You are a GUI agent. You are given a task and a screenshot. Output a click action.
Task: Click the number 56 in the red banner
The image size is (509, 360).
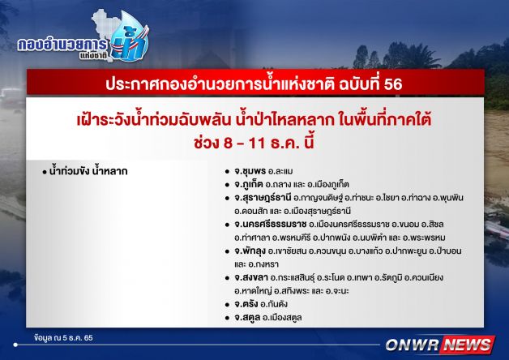pos(393,84)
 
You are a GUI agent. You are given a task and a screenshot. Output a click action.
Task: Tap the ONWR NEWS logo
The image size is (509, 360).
pos(440,345)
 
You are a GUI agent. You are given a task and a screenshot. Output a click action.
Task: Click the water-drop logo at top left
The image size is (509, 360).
pos(129,37)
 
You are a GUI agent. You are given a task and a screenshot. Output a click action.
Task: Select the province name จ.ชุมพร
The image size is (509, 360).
pos(250,171)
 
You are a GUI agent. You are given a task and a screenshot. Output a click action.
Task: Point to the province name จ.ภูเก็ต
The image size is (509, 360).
pos(248,184)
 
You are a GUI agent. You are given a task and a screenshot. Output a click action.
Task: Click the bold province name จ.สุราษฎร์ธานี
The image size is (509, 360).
pos(263,198)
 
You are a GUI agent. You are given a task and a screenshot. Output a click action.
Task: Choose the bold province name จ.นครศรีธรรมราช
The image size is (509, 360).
pos(271,225)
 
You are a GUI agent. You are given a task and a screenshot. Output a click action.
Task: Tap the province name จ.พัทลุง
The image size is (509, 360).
pos(250,251)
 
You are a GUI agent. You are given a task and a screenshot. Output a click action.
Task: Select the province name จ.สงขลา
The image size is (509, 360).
pos(251,277)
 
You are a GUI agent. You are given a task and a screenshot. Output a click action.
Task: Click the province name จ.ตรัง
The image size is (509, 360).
pos(246,304)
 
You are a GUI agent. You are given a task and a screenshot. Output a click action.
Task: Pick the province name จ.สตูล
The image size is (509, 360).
pos(247,318)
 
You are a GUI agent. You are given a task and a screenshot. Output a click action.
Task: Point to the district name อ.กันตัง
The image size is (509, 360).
pos(274,304)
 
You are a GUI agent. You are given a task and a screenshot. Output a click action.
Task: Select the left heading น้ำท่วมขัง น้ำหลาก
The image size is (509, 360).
pos(88,171)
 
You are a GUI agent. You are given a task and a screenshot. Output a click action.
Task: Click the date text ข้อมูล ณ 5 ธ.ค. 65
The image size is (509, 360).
pos(63,337)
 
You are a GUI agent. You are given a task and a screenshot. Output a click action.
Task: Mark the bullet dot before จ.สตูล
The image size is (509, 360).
pos(227,318)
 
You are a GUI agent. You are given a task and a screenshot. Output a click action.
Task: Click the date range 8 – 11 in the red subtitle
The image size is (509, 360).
pos(243,144)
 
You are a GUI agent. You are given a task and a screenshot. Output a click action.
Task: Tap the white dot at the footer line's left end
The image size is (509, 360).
pos(15,345)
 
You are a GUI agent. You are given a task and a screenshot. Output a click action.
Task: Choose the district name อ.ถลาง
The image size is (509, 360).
pos(277,184)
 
